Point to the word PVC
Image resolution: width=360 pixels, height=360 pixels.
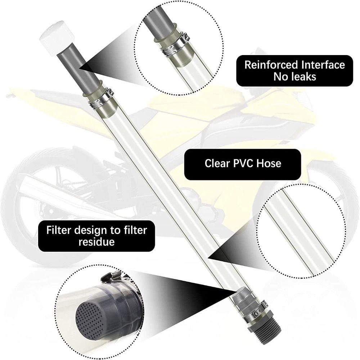243,163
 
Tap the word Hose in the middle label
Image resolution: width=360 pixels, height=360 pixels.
269,163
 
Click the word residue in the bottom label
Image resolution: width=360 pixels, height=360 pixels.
96,242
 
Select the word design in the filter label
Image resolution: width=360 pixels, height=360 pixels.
91,230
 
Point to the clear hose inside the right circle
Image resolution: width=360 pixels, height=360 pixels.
301,232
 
